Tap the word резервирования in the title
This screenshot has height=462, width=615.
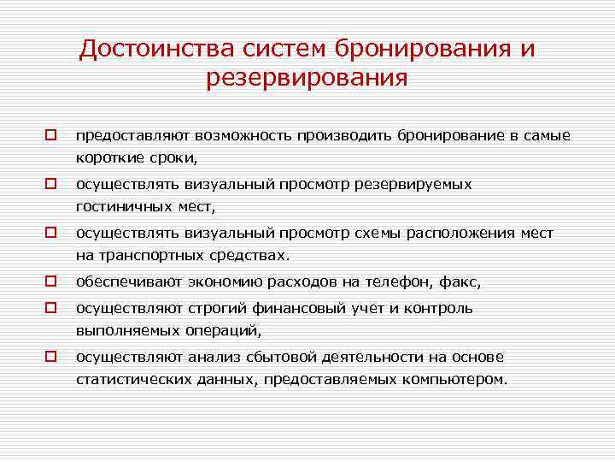(307, 79)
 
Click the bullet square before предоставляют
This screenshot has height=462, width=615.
(51, 135)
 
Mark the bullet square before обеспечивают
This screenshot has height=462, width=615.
(51, 281)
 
